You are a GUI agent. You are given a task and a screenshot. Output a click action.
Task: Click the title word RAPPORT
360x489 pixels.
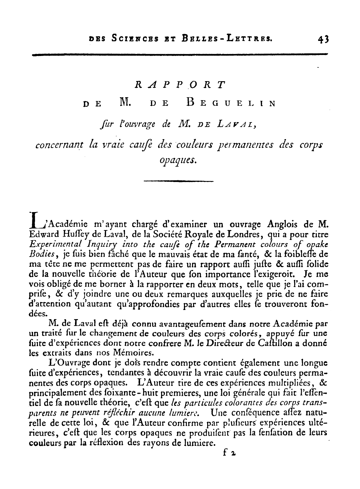coord(180,85)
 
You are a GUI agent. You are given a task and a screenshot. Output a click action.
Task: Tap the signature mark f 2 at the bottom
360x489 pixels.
coord(229,454)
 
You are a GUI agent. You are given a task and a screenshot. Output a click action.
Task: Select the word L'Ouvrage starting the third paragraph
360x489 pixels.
coord(68,363)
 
